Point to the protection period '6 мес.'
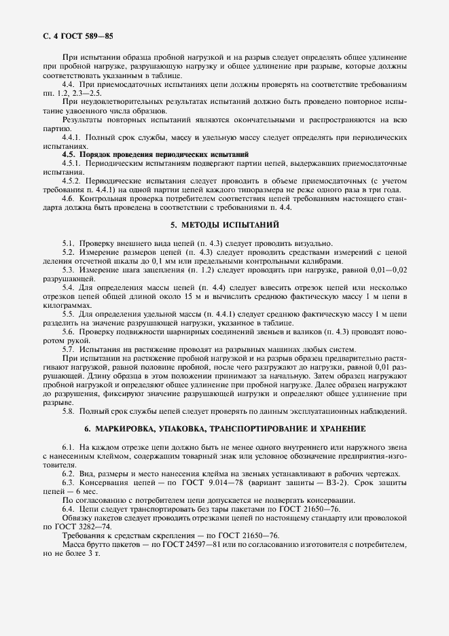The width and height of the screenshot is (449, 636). coord(87,490)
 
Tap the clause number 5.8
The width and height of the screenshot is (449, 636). coord(69,411)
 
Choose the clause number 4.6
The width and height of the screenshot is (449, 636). coord(69,198)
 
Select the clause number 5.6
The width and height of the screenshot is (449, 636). coord(69,332)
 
